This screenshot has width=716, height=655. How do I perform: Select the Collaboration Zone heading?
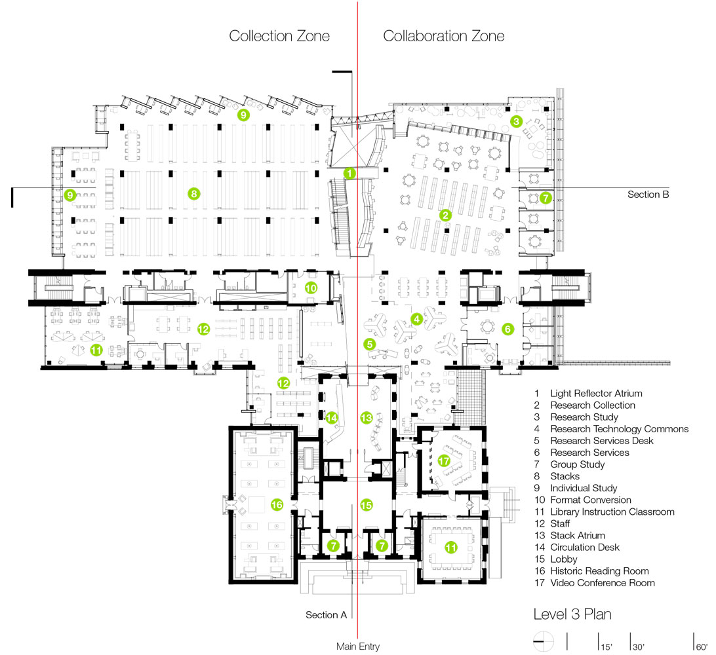pos(444,36)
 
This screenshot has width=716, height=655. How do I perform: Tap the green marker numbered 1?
pos(349,174)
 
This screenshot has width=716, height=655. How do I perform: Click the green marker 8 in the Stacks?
pos(193,193)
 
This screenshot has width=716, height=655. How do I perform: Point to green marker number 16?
pos(277,504)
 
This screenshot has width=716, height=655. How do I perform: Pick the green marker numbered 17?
pos(444,461)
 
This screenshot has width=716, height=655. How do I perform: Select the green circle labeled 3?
pos(517,121)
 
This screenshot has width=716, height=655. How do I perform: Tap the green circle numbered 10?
pos(311,288)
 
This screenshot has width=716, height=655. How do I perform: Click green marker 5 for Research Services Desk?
pos(370,343)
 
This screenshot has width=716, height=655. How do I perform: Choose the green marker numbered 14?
pos(332,417)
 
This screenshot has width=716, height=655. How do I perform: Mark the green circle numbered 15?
pos(367,504)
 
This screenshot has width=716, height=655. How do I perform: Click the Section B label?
pos(648,195)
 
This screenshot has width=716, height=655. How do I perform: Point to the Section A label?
pos(326,615)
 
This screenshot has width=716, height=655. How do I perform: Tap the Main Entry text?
pos(358,646)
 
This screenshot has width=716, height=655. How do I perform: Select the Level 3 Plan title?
pos(572,615)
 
